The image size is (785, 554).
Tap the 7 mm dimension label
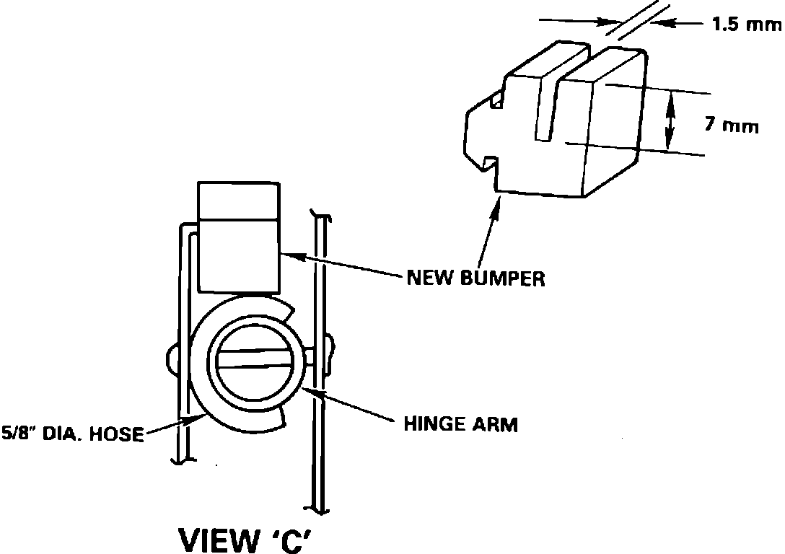pyautogui.click(x=732, y=126)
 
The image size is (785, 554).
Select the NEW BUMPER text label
pyautogui.click(x=475, y=277)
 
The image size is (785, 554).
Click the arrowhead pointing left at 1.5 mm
pyautogui.click(x=662, y=24)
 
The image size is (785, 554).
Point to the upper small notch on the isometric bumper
pyautogui.click(x=496, y=100)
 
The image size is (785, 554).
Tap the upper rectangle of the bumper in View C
pyautogui.click(x=239, y=201)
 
